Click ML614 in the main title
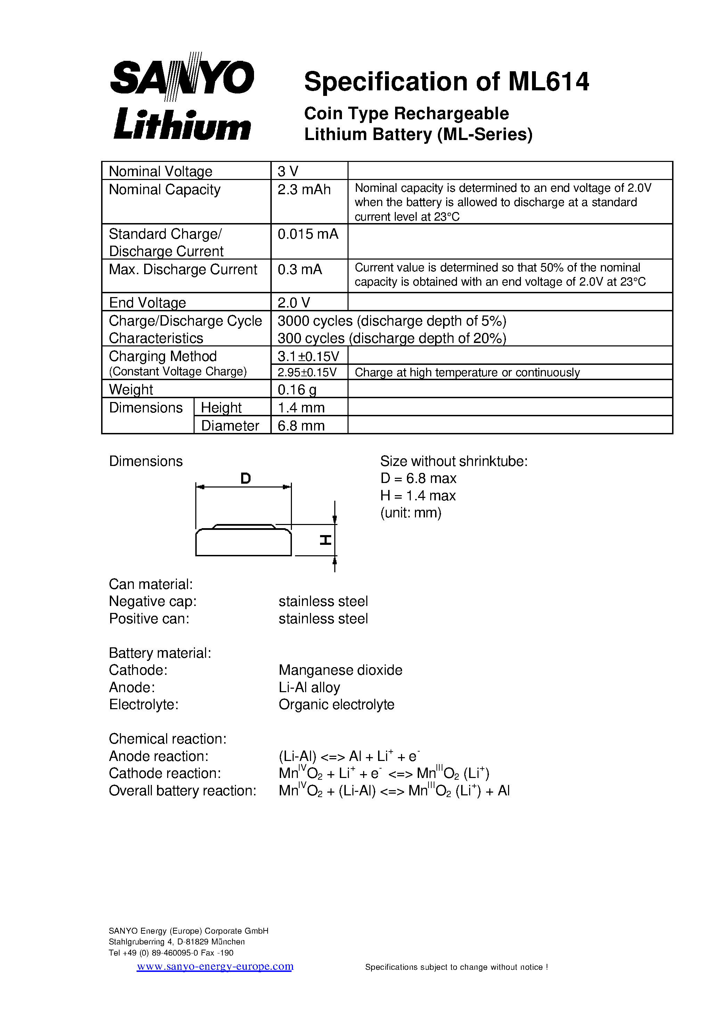click(548, 82)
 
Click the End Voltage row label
click(147, 303)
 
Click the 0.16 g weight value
click(297, 390)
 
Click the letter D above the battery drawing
click(245, 478)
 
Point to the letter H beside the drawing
click(325, 540)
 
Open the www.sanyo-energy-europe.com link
click(215, 966)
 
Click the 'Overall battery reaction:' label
click(182, 790)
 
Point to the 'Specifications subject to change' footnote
click(456, 967)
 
